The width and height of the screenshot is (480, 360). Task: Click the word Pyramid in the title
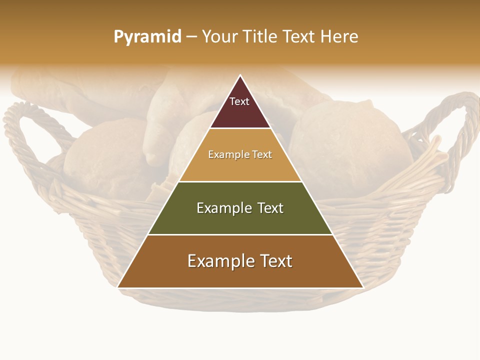[x=147, y=37]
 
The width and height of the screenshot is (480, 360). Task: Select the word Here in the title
[x=339, y=37]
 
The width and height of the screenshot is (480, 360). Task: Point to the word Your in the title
[x=219, y=37]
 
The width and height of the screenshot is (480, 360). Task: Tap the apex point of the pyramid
[x=240, y=75]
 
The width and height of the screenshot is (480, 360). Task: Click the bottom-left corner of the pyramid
[x=118, y=287]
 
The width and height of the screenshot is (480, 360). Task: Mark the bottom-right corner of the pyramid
[x=362, y=287]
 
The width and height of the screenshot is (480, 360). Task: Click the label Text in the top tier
[x=239, y=101]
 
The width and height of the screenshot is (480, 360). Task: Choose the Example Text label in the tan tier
[x=240, y=154]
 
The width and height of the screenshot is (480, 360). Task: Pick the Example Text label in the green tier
[x=240, y=208]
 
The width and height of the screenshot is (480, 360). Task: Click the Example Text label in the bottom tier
[x=240, y=261]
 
